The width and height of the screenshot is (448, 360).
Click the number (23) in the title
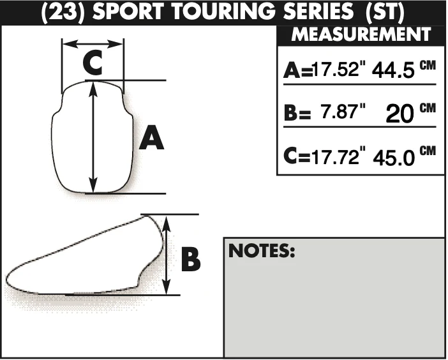63,12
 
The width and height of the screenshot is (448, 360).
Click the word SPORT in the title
128,12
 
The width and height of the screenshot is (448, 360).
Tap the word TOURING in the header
224,12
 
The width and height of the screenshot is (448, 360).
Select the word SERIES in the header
318,12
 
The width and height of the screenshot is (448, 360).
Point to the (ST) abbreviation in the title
385,12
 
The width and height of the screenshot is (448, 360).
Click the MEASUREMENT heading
361,34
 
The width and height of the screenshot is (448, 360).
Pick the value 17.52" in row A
340,69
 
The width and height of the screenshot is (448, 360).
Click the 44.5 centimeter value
393,70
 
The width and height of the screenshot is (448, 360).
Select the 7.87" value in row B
343,111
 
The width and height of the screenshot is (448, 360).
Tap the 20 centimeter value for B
399,114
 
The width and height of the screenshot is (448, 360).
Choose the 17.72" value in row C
339,156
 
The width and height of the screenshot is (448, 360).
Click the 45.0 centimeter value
394,158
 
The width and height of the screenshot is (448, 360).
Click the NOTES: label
262,251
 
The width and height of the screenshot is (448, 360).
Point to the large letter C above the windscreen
93,63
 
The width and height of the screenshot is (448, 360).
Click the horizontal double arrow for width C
93,44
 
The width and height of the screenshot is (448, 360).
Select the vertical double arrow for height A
93,137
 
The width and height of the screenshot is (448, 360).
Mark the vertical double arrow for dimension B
167,255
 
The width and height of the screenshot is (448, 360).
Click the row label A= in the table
298,71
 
